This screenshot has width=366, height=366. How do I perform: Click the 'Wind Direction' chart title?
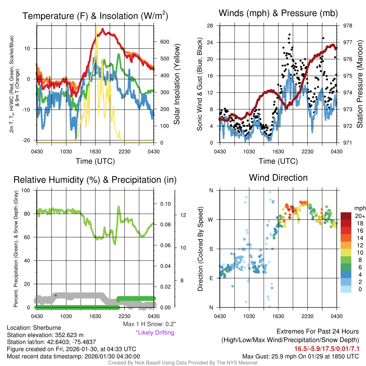tap(278, 178)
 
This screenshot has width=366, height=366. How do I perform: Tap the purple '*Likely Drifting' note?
tap(155, 332)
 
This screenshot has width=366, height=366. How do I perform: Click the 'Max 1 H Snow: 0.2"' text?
tap(149, 324)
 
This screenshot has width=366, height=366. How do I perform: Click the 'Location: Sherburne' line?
tap(34, 328)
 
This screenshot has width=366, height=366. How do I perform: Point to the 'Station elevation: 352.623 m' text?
tap(45, 335)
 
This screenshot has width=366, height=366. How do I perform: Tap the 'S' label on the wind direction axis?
tap(211, 249)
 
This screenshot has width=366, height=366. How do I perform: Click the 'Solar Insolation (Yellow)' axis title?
tap(177, 84)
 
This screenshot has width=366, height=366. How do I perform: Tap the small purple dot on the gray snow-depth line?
tap(56, 295)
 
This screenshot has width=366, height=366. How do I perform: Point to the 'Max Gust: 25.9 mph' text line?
tap(301, 356)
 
